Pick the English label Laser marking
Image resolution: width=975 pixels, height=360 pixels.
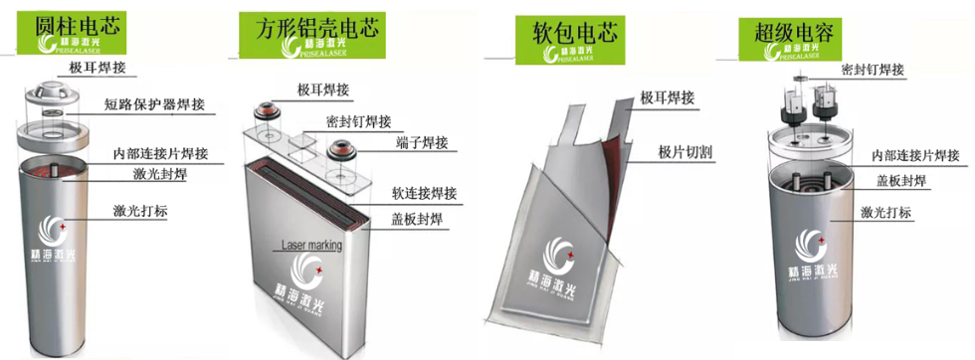point(312,244)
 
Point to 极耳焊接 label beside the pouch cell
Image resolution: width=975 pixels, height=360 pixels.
point(667,96)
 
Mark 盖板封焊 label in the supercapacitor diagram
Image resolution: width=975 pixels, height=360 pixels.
point(902,181)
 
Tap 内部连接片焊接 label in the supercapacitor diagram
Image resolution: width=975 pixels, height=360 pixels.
point(916,155)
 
